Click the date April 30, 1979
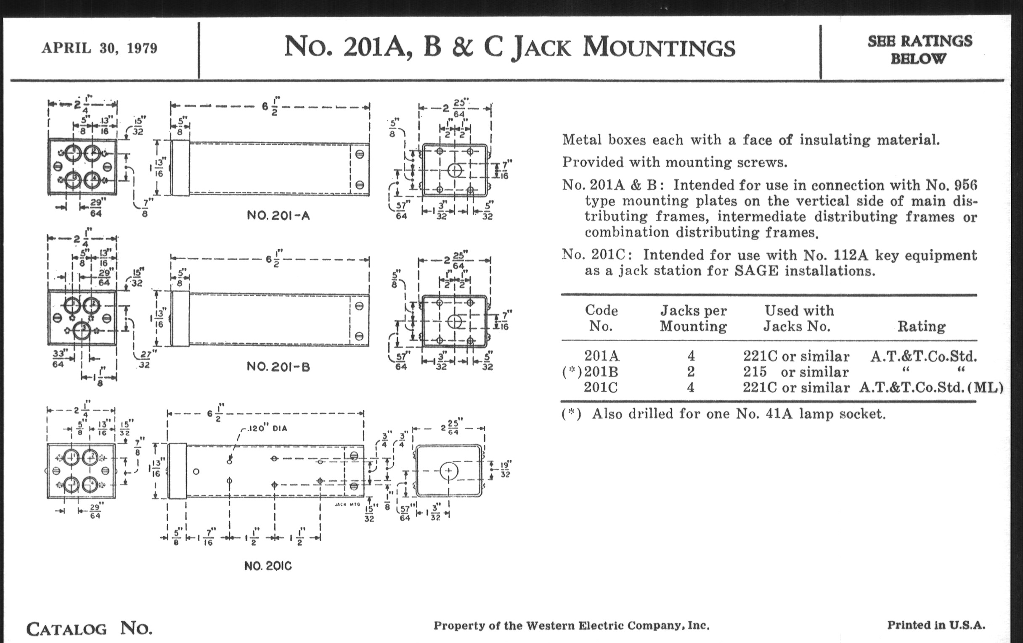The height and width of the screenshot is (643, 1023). click(99, 48)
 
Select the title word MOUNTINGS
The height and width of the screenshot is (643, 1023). click(659, 47)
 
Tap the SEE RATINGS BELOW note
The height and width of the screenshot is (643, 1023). click(920, 50)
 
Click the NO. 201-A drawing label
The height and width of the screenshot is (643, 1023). click(278, 216)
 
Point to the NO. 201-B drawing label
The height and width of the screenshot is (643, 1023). click(278, 367)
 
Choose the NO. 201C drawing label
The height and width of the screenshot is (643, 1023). click(268, 566)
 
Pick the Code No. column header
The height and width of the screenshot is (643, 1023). click(601, 318)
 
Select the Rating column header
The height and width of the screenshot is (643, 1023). click(921, 326)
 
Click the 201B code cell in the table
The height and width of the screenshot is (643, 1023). click(601, 372)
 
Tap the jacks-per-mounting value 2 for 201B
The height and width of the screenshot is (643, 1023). click(691, 372)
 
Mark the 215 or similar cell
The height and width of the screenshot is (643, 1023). click(795, 372)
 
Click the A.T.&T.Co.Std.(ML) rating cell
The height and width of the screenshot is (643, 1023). click(931, 387)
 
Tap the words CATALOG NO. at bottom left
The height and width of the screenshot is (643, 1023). click(89, 628)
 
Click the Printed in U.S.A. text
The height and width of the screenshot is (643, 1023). click(936, 625)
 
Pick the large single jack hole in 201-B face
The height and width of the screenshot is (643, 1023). click(82, 331)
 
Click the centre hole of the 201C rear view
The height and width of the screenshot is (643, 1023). click(449, 471)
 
